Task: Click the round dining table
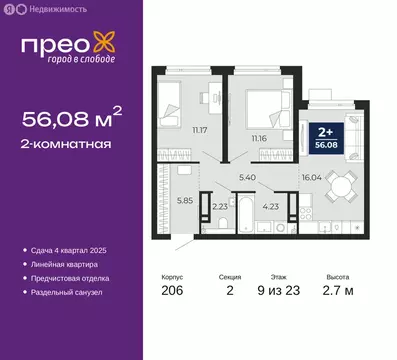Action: (x=339, y=187)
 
